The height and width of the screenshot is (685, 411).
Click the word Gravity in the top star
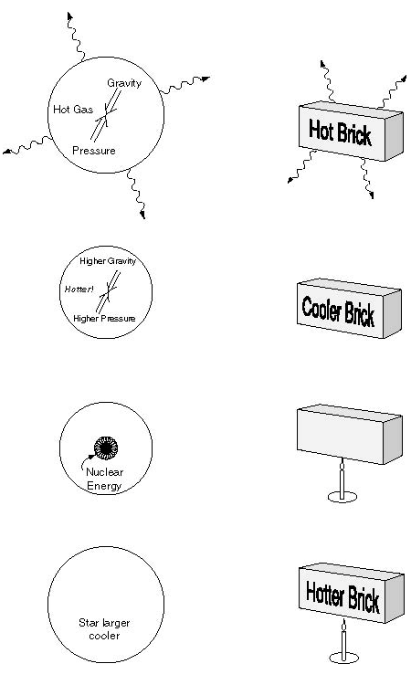point(124,83)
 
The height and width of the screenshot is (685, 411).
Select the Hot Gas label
point(73,110)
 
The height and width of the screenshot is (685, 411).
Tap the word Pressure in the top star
point(94,151)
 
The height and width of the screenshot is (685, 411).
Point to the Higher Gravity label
point(108,261)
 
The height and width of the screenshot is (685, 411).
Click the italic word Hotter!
point(79,290)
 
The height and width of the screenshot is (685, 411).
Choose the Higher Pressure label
point(104,319)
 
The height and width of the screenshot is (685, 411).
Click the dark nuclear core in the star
point(106,448)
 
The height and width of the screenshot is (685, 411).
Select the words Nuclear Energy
point(104,479)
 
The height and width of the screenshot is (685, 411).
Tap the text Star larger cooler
point(104,629)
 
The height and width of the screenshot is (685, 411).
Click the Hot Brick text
point(340,132)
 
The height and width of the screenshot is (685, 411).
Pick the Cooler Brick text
point(338,311)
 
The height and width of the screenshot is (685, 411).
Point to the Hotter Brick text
point(342,596)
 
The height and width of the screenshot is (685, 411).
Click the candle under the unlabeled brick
point(342,481)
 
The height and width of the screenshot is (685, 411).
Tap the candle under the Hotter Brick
point(343,642)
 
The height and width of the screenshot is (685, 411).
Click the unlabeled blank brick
point(349,434)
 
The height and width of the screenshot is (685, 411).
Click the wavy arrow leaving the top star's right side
point(184,85)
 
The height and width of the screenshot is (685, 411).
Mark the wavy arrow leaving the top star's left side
point(27,145)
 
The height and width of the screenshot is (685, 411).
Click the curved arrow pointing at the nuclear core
point(88,461)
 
